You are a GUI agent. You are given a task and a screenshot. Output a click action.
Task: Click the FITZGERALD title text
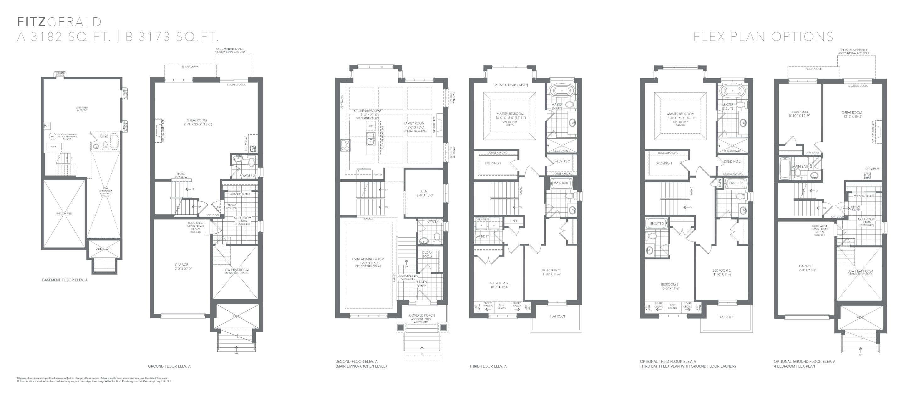point(59,22)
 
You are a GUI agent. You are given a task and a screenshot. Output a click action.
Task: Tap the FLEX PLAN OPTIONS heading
point(763,36)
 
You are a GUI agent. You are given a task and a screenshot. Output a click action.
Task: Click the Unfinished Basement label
point(82,108)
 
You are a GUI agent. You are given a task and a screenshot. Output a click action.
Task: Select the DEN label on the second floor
point(424,191)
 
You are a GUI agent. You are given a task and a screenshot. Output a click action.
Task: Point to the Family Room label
point(414,124)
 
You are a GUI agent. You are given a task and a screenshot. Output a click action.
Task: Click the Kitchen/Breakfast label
point(368,111)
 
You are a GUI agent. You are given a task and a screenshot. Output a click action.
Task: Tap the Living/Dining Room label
point(368,259)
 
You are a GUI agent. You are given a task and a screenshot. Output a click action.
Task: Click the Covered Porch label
point(421,315)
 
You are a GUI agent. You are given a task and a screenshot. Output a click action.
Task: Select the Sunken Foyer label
point(421,284)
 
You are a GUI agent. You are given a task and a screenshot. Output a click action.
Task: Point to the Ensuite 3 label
point(657,224)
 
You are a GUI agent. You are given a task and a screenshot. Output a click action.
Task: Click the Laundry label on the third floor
point(482,236)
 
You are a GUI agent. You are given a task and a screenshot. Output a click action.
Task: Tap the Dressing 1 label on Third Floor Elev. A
point(493,163)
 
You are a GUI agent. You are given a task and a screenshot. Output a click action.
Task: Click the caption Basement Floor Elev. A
point(65,280)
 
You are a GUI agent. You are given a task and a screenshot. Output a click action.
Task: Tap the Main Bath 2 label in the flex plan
point(802,166)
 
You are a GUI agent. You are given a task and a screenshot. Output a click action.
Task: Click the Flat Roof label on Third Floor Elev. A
point(557,316)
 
